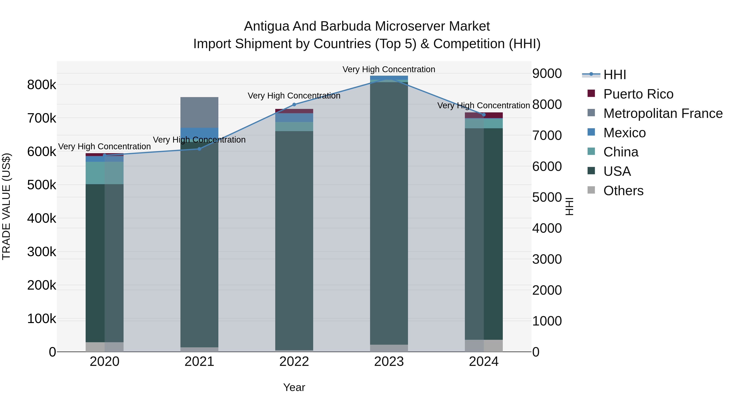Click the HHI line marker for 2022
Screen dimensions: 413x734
tap(294, 105)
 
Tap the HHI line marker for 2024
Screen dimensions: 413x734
tap(484, 115)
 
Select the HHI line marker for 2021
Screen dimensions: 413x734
tap(199, 149)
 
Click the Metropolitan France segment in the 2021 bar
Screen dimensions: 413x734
tap(199, 112)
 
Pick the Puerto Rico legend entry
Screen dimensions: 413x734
tap(638, 94)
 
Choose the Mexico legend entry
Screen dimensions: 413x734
tap(624, 133)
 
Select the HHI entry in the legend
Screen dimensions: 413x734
tap(614, 75)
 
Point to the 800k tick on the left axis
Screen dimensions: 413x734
tap(42, 85)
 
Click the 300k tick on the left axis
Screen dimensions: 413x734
tap(42, 252)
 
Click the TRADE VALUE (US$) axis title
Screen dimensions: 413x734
tap(6, 206)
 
